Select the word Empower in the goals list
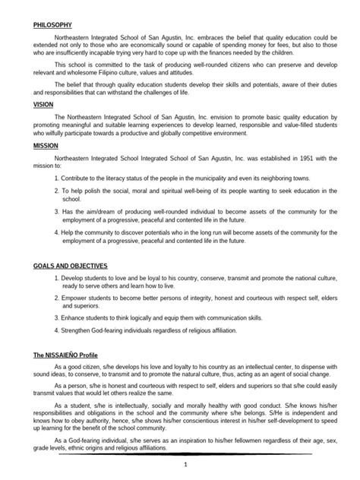pyautogui.click(x=77, y=298)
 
